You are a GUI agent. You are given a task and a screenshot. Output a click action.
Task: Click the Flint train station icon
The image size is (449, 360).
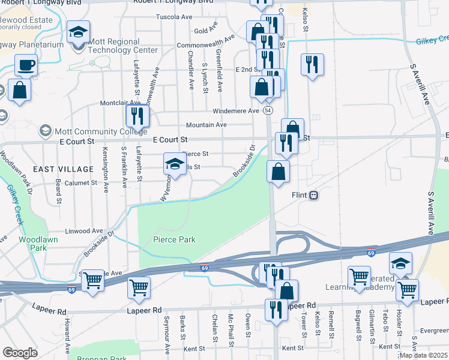313,195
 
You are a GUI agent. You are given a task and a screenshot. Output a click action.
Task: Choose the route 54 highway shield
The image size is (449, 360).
268,111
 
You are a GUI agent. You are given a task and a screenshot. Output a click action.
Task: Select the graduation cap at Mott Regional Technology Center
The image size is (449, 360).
77,33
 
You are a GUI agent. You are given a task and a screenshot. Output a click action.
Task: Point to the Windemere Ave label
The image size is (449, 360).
236,111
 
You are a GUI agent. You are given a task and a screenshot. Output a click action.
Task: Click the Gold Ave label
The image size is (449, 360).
205,31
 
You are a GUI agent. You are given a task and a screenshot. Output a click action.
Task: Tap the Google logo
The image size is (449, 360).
20,353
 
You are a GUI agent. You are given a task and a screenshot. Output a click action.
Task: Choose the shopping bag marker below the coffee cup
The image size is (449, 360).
20,90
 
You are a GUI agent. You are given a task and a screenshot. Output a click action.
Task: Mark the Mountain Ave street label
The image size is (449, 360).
206,125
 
